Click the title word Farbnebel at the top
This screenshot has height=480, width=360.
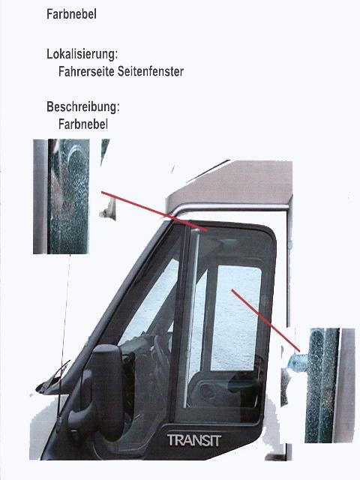tap(71, 14)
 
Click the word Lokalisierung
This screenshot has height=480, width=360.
tap(82, 54)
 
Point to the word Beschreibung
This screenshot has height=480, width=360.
tap(83, 106)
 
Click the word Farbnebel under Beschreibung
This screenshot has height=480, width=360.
tap(83, 124)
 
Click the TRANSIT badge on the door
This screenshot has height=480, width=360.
tap(194, 440)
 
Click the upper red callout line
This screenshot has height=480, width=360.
tap(154, 211)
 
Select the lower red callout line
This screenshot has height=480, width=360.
tap(265, 320)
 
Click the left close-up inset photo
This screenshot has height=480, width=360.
tap(61, 196)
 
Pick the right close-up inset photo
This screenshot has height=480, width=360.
tap(330, 385)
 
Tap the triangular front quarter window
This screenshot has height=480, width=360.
tap(147, 306)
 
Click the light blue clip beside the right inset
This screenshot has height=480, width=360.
tap(297, 361)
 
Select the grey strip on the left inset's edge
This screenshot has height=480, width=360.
tap(40, 196)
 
